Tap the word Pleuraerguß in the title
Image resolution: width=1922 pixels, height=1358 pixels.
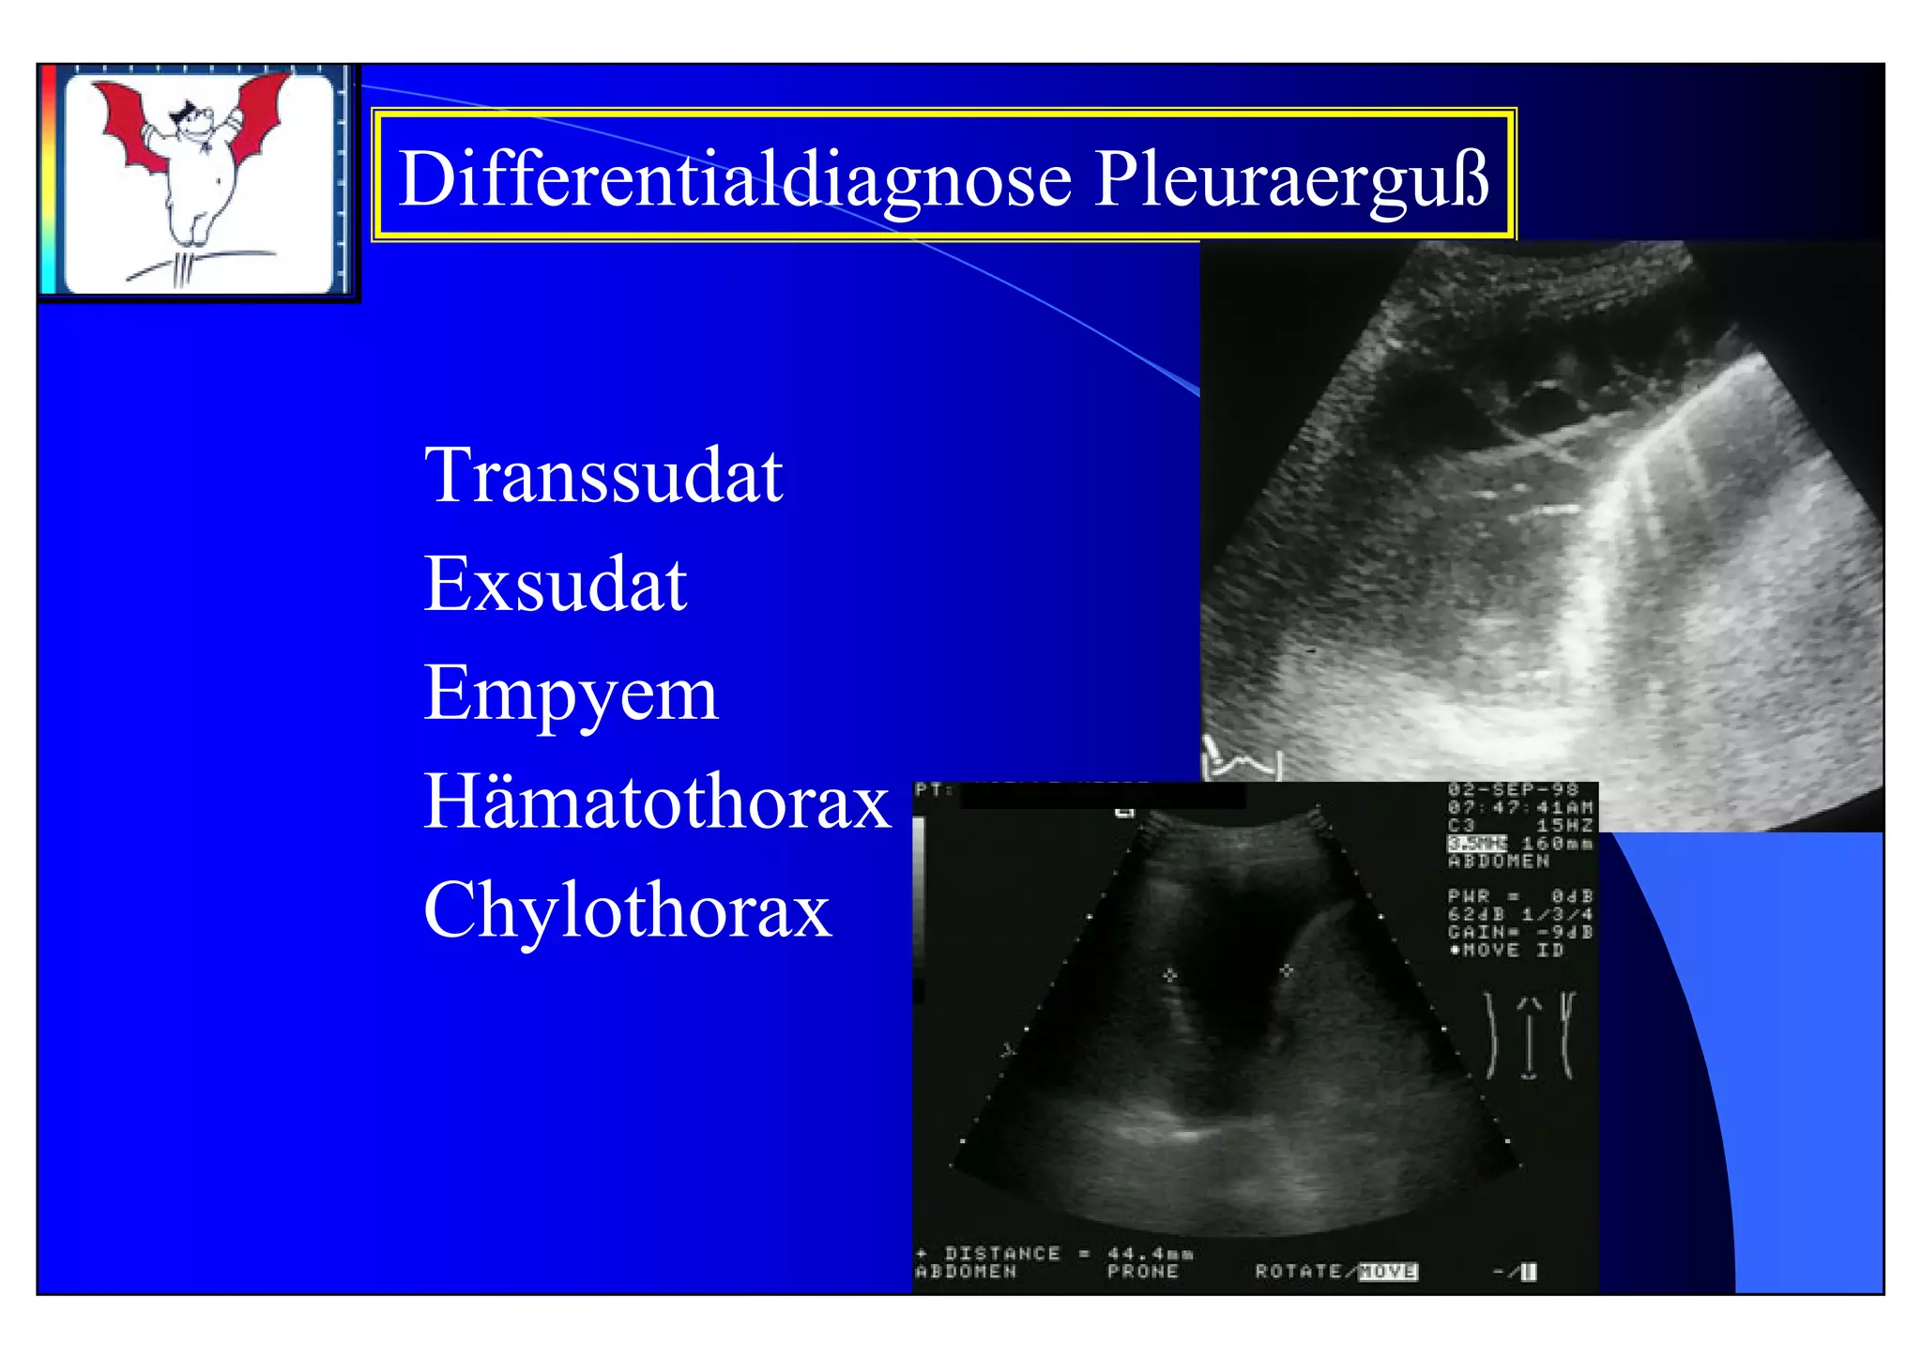[x=1291, y=178]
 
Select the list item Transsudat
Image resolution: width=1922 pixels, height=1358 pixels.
[x=603, y=476]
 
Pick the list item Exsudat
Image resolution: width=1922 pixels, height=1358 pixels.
[x=556, y=584]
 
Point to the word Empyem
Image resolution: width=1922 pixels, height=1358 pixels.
[x=571, y=694]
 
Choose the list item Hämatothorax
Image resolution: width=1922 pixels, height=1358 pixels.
[x=657, y=801]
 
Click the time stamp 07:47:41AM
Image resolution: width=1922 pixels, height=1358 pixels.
[x=1520, y=807]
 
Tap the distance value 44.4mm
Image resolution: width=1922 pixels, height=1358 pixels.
[x=1151, y=1254]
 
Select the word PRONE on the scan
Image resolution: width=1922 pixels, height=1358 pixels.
[x=1142, y=1272]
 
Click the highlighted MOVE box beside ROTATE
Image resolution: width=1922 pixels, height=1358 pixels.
[x=1387, y=1272]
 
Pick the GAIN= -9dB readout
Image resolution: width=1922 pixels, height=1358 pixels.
[x=1520, y=932]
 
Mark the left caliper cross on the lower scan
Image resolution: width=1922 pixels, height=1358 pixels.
[x=1169, y=975]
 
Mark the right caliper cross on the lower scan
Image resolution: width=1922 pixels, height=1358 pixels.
[x=1286, y=970]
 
